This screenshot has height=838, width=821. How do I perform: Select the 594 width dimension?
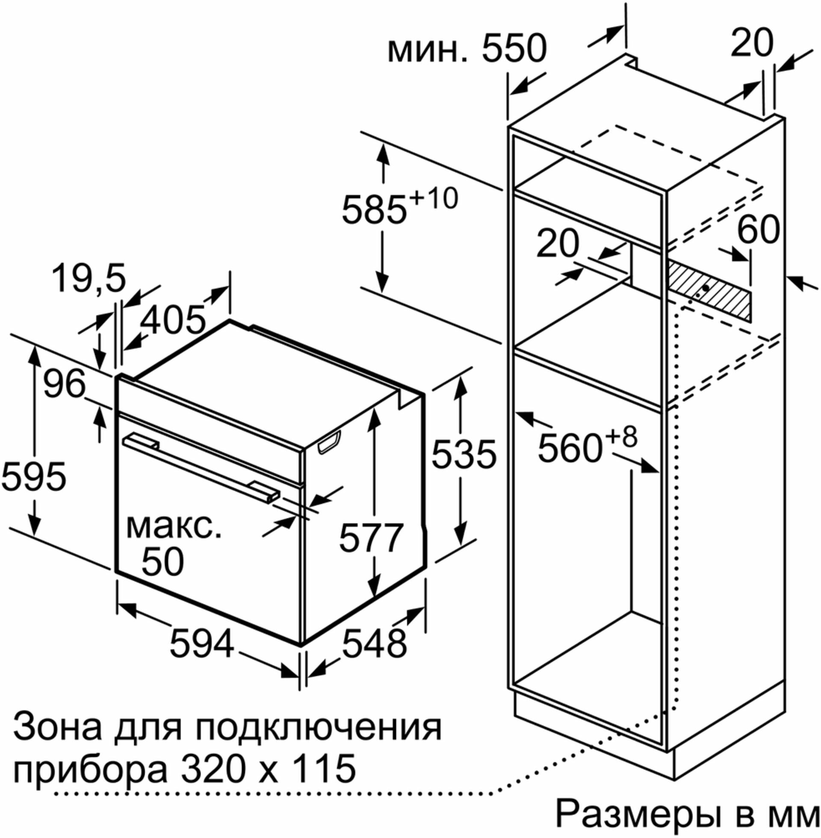202,644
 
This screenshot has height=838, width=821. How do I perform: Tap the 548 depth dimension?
374,644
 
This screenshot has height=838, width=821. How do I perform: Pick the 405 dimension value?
173,321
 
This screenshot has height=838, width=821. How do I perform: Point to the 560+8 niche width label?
587,446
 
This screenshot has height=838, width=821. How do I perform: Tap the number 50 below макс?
162,561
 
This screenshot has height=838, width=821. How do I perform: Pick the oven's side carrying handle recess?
329,442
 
